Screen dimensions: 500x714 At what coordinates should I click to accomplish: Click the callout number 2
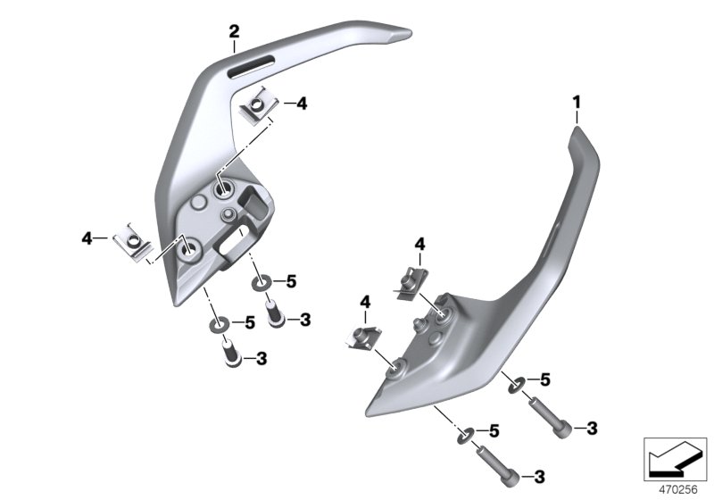pos(234,32)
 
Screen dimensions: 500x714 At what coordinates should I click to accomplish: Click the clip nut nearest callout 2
pos(258,108)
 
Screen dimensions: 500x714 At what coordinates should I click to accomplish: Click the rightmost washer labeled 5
pos(516,385)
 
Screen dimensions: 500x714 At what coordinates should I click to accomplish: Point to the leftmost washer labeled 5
pos(219,323)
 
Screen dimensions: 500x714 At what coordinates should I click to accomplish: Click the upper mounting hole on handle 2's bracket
pos(222,189)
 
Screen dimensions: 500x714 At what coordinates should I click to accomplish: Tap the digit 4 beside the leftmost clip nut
pos(87,237)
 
